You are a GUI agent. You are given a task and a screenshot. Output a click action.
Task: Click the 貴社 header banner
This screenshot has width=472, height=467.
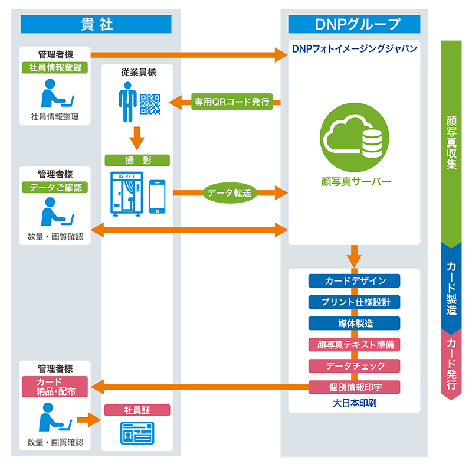pos(96,24)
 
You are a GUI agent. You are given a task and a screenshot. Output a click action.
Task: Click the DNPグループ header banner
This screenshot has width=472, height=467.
pos(354,24)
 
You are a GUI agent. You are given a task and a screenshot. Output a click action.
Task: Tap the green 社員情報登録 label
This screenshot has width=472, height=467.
pos(55,67)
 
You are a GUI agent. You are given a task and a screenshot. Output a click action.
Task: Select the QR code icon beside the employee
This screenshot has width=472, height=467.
pos(150,104)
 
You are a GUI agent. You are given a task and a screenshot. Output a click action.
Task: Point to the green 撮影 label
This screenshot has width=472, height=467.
pos(137,160)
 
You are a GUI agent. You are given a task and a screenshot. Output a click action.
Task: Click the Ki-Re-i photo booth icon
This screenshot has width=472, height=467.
pos(126,192)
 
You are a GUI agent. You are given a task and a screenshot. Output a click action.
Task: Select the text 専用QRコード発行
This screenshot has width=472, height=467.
pos(232,102)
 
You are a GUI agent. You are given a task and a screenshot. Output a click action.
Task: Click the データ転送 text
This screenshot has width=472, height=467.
pos(230,192)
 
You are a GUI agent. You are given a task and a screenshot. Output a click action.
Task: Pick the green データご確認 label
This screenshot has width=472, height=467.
pos(55,188)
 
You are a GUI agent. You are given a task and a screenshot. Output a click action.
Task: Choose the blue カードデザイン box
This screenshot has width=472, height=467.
pos(355,280)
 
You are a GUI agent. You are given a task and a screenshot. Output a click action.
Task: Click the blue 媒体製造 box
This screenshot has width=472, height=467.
pos(355,324)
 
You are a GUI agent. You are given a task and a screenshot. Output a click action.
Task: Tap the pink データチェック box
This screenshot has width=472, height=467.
pos(355,366)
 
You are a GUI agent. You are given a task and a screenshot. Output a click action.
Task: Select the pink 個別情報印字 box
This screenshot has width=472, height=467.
pos(355,387)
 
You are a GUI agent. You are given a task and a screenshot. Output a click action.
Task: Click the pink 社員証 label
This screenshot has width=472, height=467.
pos(137,410)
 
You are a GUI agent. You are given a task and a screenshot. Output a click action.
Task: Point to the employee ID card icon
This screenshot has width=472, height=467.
pos(137,433)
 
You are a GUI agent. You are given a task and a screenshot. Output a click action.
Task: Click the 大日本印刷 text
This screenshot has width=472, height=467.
pos(355,404)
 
